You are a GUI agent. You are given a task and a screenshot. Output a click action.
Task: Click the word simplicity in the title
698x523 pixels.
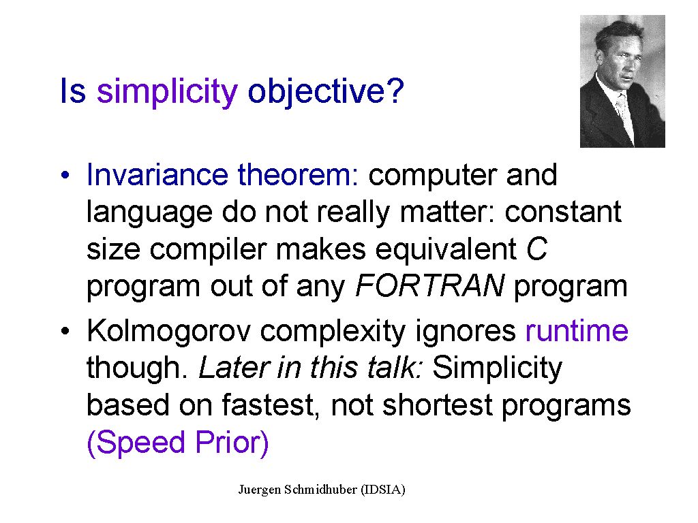[x=167, y=92]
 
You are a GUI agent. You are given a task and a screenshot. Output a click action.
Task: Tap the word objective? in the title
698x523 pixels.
[x=325, y=92]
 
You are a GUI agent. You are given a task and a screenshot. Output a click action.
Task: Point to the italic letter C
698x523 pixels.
[x=536, y=249]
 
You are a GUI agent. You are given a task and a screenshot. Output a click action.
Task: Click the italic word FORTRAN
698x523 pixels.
[x=429, y=285]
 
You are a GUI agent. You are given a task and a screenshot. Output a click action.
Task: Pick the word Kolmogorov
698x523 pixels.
[x=168, y=332]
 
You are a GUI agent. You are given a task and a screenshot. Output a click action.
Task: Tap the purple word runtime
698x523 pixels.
[x=577, y=331]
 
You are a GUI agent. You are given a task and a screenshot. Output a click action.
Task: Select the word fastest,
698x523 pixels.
[x=271, y=406]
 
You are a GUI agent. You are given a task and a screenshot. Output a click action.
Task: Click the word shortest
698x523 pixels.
[x=437, y=405]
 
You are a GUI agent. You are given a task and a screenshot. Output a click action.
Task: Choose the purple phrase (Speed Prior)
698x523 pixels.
[x=178, y=443]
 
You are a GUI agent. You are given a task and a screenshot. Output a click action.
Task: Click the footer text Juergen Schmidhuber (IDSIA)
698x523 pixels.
[x=322, y=490]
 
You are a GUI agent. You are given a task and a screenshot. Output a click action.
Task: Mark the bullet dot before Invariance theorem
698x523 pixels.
[x=65, y=175]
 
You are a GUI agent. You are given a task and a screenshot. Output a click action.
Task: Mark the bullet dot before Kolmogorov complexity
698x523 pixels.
[x=65, y=332]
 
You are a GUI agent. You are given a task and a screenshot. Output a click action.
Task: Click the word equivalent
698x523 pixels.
[x=446, y=249]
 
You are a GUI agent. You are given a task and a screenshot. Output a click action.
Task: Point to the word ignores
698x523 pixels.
[x=465, y=332]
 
